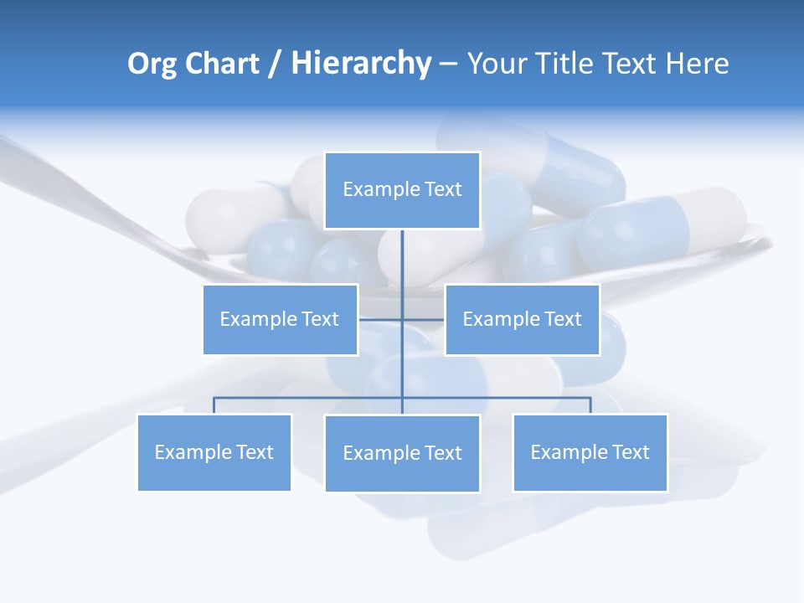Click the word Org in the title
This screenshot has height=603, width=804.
152,64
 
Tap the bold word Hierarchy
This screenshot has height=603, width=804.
361,64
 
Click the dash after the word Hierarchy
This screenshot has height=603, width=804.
448,64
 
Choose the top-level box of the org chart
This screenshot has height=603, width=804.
402,190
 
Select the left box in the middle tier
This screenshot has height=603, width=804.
281,319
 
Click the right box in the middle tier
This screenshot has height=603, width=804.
522,319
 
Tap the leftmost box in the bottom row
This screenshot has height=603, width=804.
214,452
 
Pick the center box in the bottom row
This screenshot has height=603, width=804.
402,453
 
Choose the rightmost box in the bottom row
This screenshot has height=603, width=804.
590,452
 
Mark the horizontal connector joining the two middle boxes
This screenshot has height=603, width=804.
381,319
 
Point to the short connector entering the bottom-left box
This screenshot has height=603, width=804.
214,405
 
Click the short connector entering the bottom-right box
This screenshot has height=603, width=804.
590,405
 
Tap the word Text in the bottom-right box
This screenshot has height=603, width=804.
630,452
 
